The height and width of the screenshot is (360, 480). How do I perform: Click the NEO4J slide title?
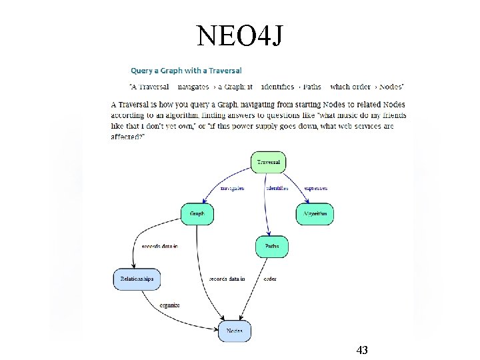[x=240, y=36]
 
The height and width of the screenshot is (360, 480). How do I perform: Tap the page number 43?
[x=363, y=350]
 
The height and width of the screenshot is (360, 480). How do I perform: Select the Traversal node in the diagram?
[x=269, y=162]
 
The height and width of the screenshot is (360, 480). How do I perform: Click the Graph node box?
[x=197, y=214]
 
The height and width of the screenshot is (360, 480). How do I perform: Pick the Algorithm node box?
[x=315, y=214]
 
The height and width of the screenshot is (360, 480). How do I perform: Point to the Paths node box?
[x=272, y=247]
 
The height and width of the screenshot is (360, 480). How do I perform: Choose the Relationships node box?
[x=137, y=279]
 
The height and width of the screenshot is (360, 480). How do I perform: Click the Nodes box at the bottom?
[x=235, y=331]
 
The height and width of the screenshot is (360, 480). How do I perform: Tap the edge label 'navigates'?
[x=231, y=189]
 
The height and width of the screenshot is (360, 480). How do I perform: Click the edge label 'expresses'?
[x=316, y=189]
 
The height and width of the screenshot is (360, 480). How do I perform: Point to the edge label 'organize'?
[x=169, y=305]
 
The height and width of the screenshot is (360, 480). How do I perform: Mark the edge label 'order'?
[x=270, y=279]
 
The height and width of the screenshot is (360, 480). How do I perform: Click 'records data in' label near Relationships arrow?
[x=160, y=247]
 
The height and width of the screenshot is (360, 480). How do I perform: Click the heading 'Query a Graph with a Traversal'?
[x=186, y=70]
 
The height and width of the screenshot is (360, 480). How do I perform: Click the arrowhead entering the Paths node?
[x=269, y=235]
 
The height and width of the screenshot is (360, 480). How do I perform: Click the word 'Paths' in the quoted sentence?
[x=312, y=87]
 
